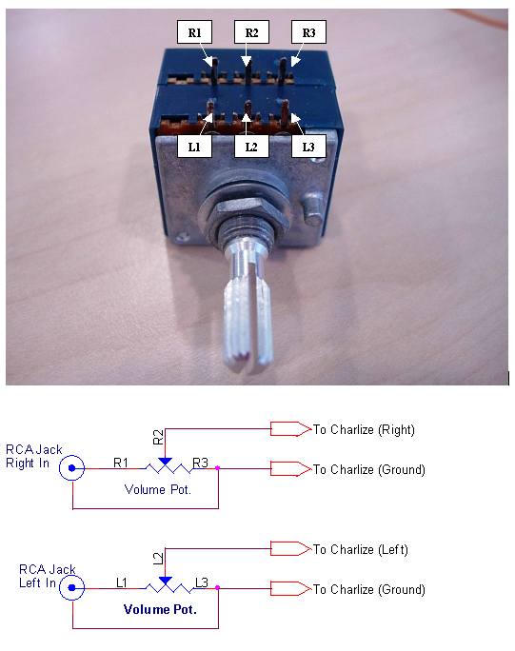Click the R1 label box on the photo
click(x=194, y=32)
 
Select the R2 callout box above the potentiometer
click(x=251, y=32)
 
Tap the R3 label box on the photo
click(x=308, y=32)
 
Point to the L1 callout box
click(x=194, y=147)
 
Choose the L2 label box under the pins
click(x=251, y=147)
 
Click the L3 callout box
click(x=308, y=147)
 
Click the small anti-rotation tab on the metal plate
click(x=313, y=208)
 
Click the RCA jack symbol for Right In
click(x=71, y=468)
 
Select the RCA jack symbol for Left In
click(x=71, y=588)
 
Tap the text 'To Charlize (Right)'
click(x=364, y=429)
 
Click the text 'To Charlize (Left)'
click(x=361, y=549)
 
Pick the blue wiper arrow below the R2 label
click(x=165, y=462)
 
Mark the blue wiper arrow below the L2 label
click(x=165, y=581)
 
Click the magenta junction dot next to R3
click(x=217, y=468)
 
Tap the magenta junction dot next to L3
click(x=217, y=588)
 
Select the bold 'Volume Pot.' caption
click(x=160, y=609)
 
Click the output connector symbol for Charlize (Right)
click(x=290, y=429)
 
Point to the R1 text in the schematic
click(x=121, y=463)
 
